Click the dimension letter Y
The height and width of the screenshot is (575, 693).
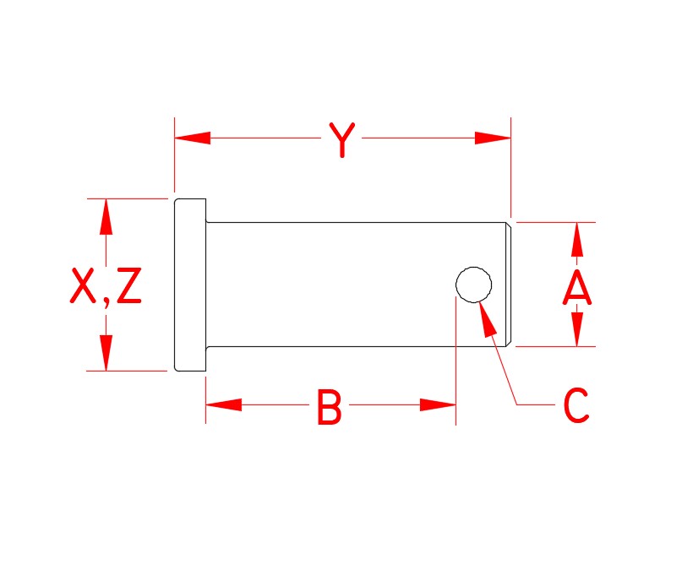(342, 139)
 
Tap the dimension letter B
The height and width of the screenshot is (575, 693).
(330, 406)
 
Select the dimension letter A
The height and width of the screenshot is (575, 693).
(576, 287)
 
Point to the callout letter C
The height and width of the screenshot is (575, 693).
(576, 405)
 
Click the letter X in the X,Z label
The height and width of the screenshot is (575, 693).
(83, 285)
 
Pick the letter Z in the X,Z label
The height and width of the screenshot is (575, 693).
(129, 285)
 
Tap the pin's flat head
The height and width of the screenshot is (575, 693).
(190, 285)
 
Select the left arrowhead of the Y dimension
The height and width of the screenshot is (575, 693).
(193, 138)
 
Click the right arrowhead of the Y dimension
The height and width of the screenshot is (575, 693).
(493, 138)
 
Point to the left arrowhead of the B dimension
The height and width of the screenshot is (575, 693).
(224, 404)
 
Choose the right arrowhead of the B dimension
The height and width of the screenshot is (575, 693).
(438, 404)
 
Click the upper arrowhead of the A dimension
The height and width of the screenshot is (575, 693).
(576, 240)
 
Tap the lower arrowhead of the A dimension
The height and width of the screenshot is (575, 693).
(576, 329)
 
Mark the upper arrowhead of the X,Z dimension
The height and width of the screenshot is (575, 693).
(106, 216)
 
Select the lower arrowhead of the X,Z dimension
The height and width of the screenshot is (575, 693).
(106, 353)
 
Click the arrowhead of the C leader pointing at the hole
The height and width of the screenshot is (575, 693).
(486, 320)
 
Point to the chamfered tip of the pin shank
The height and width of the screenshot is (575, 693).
(509, 285)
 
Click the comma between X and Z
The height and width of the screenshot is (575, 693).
(106, 302)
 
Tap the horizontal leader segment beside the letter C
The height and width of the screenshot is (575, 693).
(536, 404)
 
